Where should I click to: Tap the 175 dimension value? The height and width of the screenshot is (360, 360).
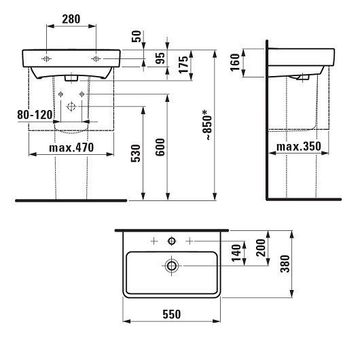(x=183, y=65)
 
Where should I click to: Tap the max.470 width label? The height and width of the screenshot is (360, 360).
(x=71, y=148)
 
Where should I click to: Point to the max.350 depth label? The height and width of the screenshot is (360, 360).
(x=300, y=147)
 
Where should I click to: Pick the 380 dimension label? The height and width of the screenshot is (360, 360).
(x=286, y=263)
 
